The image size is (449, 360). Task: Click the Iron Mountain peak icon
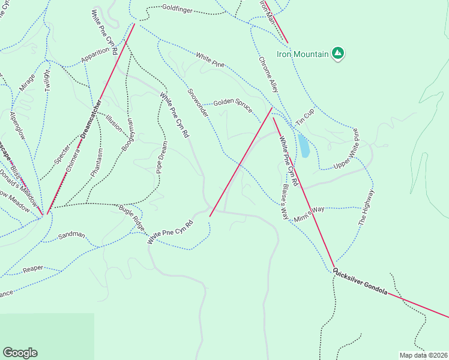pos(338,54)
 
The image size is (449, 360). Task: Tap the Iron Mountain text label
pos(303,55)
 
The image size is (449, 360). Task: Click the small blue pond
pos(304,146)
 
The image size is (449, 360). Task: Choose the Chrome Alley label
pos(269,74)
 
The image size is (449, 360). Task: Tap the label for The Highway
pos(367,207)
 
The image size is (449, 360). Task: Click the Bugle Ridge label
pos(131,217)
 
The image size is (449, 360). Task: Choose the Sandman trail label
pos(71,236)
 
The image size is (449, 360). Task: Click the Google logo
pos(20,353)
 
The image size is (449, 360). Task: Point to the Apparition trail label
pos(95,55)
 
